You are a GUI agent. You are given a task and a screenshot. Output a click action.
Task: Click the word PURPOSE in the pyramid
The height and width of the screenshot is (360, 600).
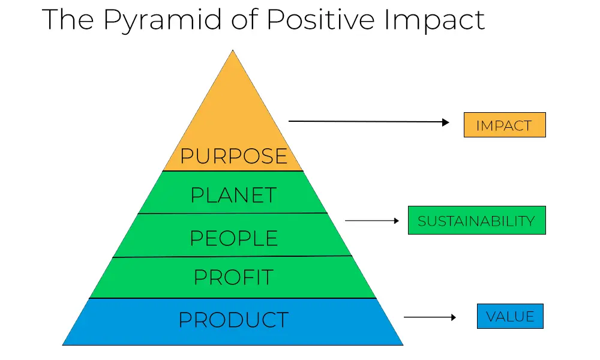point(233,156)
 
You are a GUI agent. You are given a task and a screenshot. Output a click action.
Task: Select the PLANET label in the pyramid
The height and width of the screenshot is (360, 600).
point(233,195)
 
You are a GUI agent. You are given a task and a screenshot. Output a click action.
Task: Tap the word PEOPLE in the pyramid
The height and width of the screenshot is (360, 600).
point(233,238)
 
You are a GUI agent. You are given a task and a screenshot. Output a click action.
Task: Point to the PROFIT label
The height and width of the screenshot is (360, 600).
point(233,277)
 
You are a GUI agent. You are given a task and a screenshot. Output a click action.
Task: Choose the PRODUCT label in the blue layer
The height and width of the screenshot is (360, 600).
point(233,320)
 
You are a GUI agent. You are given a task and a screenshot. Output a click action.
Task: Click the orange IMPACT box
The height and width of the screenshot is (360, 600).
point(505,125)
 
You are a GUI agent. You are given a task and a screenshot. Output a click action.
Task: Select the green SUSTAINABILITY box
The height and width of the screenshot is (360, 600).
point(477,220)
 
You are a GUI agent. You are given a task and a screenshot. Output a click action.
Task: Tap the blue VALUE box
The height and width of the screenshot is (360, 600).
point(510,316)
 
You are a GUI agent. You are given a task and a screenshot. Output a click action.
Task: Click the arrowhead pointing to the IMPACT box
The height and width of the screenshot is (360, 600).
point(446,122)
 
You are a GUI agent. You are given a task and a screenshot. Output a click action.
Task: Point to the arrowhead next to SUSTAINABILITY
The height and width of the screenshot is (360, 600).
point(397,221)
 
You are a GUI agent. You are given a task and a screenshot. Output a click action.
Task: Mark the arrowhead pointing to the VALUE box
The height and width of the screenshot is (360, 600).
point(454,317)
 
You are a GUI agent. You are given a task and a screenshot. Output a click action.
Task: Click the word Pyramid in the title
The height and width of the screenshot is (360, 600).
point(163,20)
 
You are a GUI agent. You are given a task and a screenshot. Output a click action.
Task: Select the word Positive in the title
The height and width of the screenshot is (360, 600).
point(320,19)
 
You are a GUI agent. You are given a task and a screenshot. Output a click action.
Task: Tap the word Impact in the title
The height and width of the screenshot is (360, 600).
point(434,20)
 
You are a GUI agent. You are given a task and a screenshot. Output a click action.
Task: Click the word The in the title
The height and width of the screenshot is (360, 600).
point(68,19)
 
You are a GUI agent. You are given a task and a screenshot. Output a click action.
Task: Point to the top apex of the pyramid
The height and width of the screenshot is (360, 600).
point(233,50)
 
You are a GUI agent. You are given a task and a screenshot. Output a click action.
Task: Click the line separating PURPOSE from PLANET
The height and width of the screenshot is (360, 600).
point(233,170)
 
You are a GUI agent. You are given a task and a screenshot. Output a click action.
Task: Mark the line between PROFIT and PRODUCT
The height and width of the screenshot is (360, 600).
point(233,298)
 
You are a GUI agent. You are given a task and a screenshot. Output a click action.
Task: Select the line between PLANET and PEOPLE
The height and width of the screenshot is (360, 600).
point(233,213)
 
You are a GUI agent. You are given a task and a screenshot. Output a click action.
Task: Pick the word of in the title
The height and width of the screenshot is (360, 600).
point(244,19)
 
